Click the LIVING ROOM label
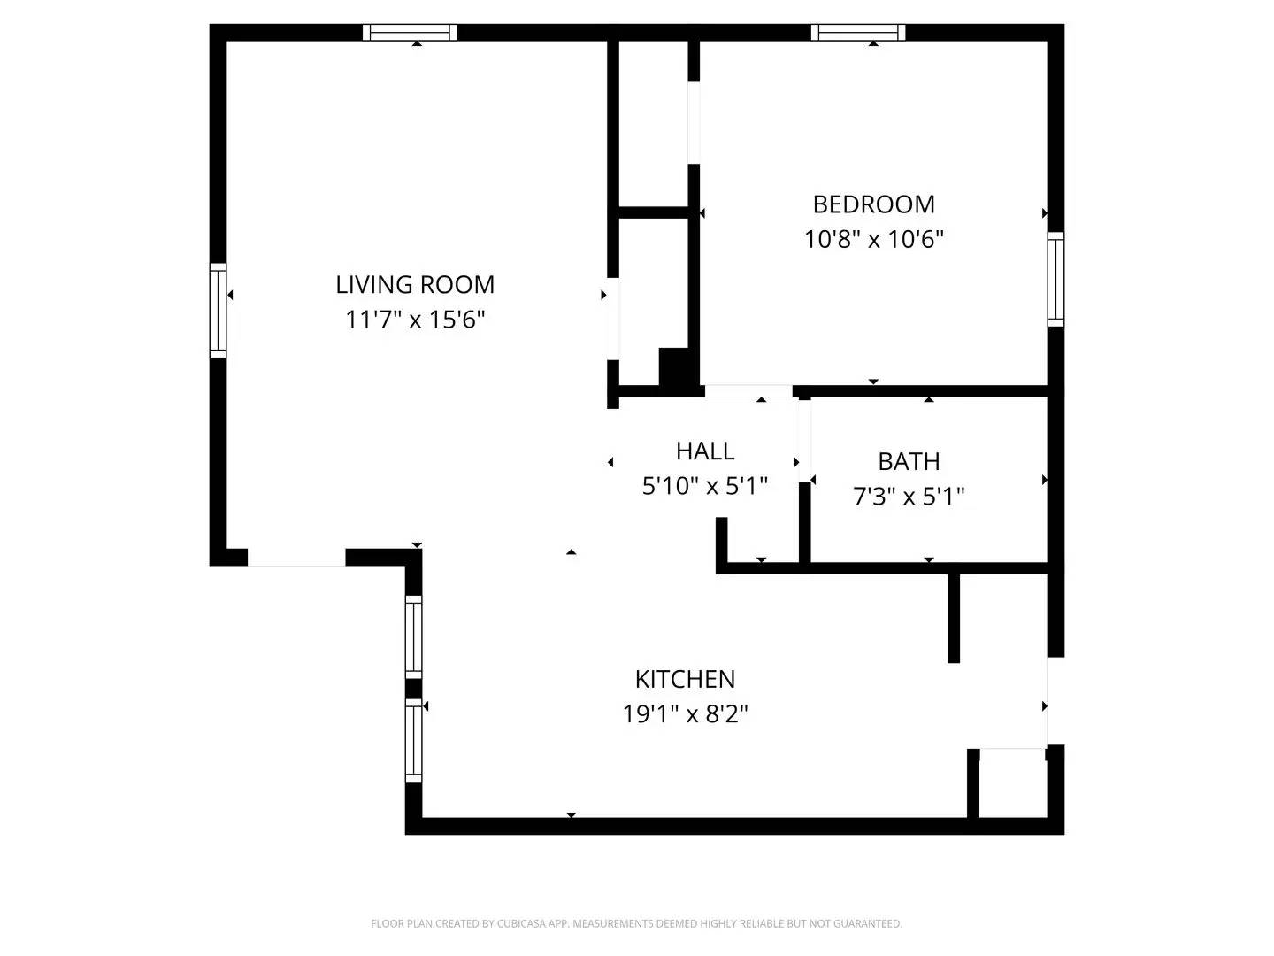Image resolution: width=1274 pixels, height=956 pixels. click(415, 284)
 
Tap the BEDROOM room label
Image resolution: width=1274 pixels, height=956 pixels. click(873, 204)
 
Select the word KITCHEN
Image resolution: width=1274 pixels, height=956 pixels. click(685, 679)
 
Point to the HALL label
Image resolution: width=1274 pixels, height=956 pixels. click(705, 451)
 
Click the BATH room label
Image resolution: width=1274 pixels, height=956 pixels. click(909, 461)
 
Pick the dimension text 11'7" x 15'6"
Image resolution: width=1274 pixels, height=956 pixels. click(415, 319)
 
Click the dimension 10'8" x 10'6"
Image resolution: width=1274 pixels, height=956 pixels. click(873, 239)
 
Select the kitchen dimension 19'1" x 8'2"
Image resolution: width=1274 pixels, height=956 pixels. click(685, 713)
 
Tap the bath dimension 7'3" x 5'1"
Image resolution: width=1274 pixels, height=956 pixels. click(909, 496)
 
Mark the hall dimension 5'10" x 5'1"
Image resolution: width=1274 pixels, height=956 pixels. click(705, 485)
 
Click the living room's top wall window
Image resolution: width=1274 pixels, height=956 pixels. click(410, 33)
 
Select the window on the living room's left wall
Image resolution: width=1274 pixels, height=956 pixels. click(218, 310)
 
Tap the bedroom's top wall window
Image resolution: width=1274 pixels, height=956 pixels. click(858, 33)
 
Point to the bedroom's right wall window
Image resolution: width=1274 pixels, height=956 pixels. click(1055, 279)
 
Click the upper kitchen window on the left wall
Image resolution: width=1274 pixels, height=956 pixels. click(413, 636)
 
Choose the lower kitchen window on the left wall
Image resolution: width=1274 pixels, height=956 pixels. click(413, 740)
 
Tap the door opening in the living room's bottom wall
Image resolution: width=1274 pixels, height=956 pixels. click(295, 558)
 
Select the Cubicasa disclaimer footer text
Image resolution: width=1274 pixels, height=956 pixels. click(636, 924)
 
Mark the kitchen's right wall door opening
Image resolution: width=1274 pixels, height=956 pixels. click(1055, 701)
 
